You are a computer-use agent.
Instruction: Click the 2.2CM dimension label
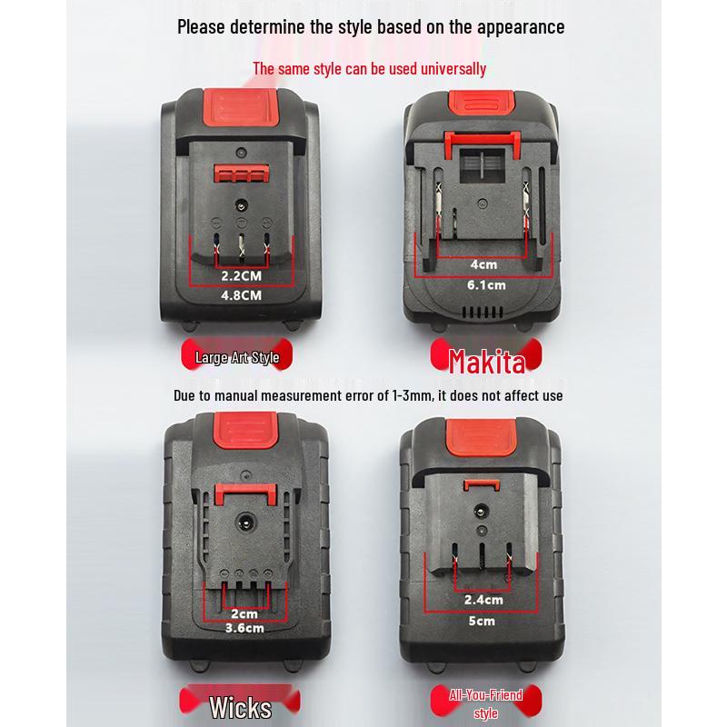coord(241,274)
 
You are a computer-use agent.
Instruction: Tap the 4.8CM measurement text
coord(241,295)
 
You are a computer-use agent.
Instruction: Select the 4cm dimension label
coord(483,264)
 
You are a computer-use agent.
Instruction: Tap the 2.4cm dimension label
coord(483,600)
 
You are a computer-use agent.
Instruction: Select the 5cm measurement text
coord(483,622)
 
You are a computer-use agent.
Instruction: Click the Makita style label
coord(487,363)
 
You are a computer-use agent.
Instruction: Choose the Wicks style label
coord(240,706)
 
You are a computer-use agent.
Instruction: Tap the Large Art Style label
coord(237,357)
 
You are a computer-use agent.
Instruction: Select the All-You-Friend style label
coord(486,703)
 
